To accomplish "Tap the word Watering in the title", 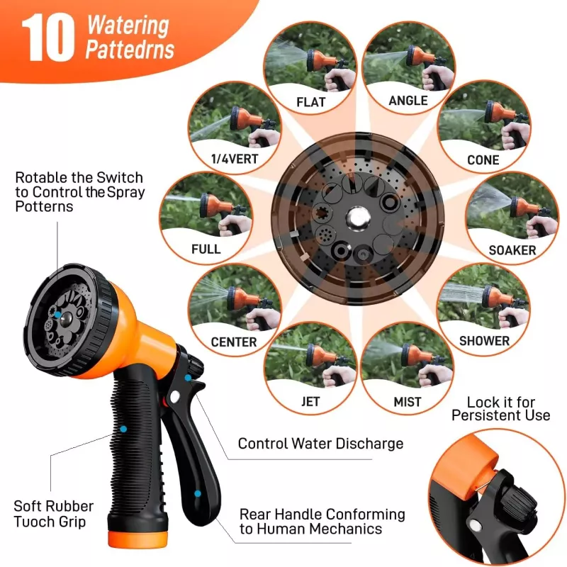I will point(128,27).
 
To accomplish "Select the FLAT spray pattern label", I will point(310,102).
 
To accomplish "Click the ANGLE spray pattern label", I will point(408,101).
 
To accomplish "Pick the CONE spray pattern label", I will point(483,160).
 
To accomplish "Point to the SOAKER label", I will point(512,250).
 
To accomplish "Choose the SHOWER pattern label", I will point(484,341).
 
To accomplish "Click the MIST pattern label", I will point(408,402).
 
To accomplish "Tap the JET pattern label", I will point(310,402).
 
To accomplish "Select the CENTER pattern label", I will point(234,342).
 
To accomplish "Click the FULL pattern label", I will point(206,249).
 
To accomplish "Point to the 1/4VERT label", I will point(234,159).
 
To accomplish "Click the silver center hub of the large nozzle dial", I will point(357,217).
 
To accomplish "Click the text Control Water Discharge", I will point(320,444).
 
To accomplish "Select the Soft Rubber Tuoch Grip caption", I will point(53,514).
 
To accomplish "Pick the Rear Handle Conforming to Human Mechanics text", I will point(322,521).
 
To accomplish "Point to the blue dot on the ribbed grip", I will point(123,429).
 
